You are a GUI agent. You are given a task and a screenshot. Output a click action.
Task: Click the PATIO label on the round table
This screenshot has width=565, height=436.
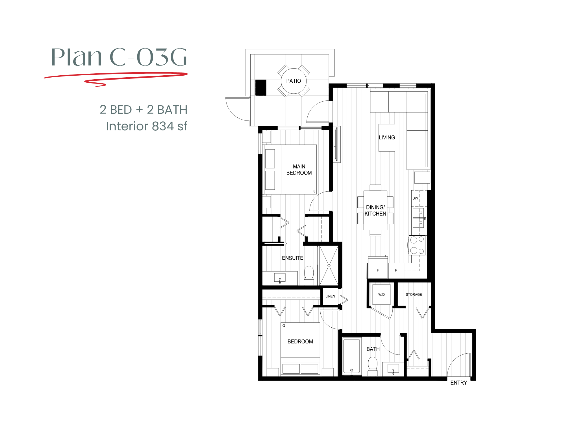point(294,81)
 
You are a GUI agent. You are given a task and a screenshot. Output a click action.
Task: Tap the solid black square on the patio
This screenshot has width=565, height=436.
point(261,87)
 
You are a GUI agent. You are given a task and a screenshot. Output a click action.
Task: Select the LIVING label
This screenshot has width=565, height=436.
point(387,137)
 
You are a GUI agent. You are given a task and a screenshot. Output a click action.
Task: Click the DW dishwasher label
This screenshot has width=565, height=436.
point(415,198)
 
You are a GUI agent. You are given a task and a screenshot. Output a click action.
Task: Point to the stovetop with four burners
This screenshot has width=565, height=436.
point(417,245)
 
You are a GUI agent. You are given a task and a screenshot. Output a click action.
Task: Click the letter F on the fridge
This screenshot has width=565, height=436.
point(378,270)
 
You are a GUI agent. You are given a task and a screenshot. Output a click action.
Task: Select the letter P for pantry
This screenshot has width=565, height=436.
point(396,270)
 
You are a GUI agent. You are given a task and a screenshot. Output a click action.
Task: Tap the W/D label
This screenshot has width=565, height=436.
point(381,295)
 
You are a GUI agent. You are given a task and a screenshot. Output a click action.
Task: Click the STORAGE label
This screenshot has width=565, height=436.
point(414,295)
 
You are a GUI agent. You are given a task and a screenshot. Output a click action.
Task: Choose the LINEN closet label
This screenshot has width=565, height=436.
point(330,296)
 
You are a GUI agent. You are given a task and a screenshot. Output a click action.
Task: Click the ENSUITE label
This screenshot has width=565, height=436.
point(292,258)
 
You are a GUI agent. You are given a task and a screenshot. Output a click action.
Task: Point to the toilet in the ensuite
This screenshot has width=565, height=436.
point(309,275)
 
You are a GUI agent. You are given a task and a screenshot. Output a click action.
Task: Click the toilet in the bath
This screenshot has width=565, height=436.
point(373,366)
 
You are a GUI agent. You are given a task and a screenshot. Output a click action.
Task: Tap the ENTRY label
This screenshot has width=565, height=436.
point(458,383)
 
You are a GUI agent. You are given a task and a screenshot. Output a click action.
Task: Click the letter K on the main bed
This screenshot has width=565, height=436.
point(314,191)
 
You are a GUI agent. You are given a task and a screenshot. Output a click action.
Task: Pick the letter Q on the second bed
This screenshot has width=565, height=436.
point(284,326)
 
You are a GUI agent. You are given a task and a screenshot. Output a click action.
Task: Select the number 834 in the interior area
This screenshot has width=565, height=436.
point(163,126)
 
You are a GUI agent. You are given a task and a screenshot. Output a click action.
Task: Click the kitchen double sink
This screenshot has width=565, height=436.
point(418,218)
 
